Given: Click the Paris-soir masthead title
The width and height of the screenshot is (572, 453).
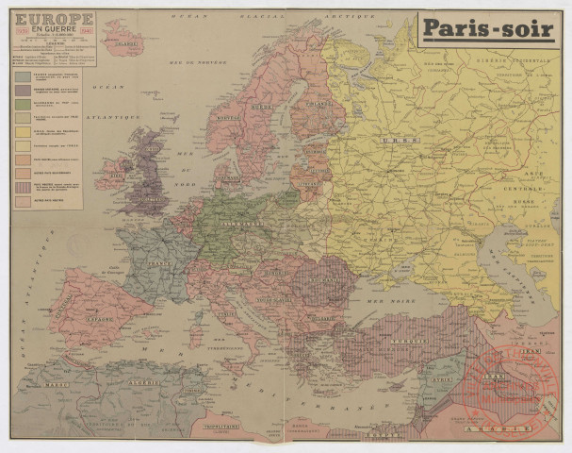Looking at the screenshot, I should pos(488,28).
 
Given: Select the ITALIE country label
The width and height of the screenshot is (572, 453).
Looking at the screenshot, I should pos(227,314).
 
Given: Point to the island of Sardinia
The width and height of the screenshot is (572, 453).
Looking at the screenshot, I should pos(195,334).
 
